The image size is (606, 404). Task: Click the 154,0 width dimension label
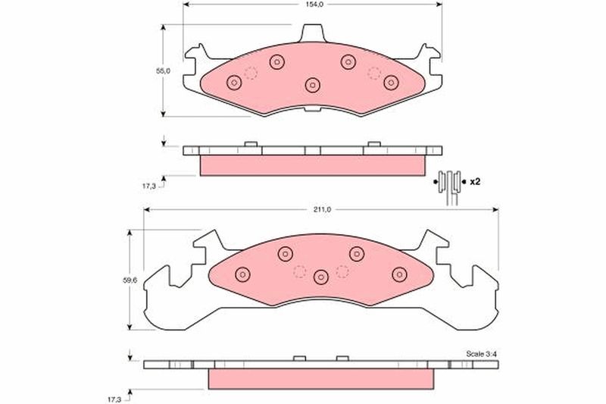[x=314, y=5]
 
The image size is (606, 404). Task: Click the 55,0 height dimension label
[x=163, y=70]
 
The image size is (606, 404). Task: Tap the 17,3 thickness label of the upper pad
[x=148, y=186]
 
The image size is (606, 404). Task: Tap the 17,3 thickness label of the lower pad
[x=114, y=399]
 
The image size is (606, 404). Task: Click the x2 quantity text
[x=475, y=181]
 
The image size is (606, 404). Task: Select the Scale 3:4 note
[x=482, y=354]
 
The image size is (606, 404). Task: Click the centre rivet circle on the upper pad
[x=313, y=85]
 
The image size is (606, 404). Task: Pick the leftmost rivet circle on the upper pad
[x=234, y=83]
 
